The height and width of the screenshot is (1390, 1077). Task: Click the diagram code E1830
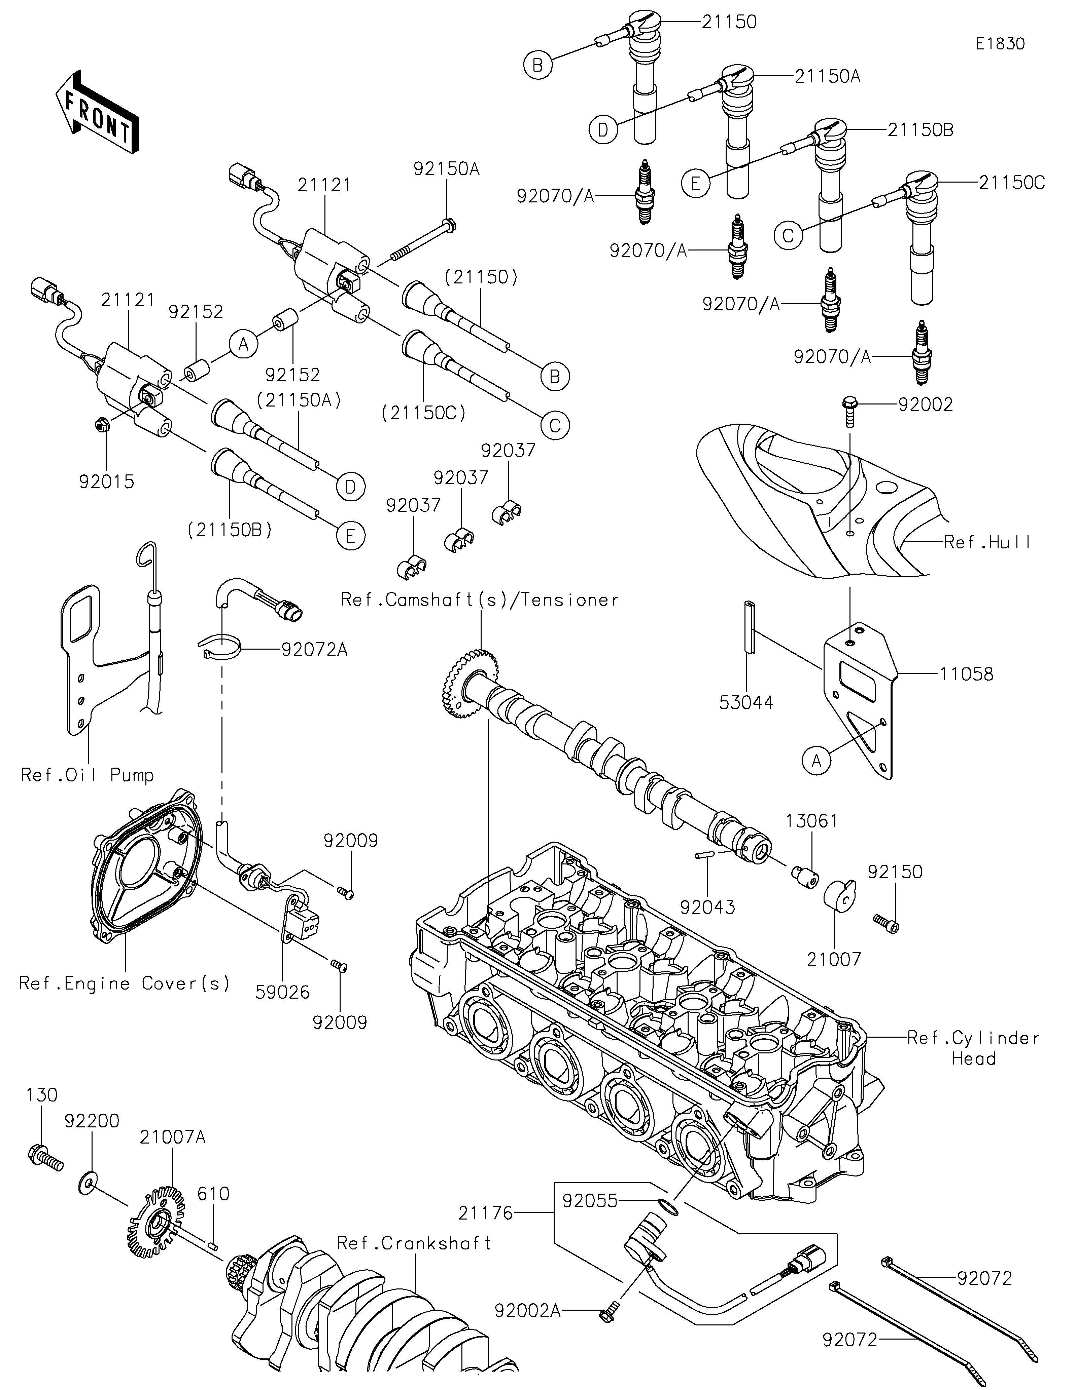[1000, 44]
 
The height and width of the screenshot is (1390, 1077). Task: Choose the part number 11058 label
[966, 674]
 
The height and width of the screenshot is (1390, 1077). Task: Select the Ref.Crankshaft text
[414, 1243]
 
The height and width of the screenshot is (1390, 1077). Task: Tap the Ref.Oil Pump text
[87, 775]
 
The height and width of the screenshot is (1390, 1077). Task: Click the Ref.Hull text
[987, 542]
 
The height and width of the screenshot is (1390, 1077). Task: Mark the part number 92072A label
[314, 650]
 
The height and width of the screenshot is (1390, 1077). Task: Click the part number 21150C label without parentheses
[1011, 183]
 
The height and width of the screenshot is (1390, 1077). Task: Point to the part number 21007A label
[173, 1137]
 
